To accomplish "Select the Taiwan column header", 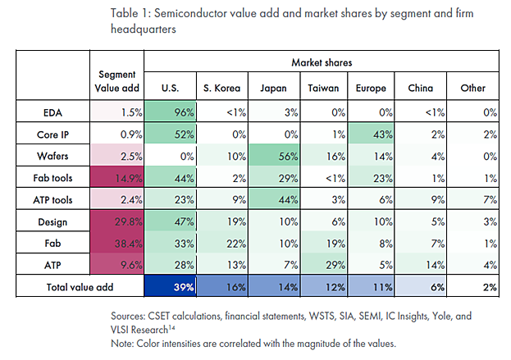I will (x=318, y=88).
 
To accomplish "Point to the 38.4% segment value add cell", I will (x=116, y=243).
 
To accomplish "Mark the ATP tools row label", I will (x=53, y=198).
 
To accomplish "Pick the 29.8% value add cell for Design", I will (x=116, y=221).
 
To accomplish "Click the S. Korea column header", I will (x=221, y=88).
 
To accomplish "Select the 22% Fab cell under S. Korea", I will (x=221, y=243).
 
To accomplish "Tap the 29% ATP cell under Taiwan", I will (x=318, y=265).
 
